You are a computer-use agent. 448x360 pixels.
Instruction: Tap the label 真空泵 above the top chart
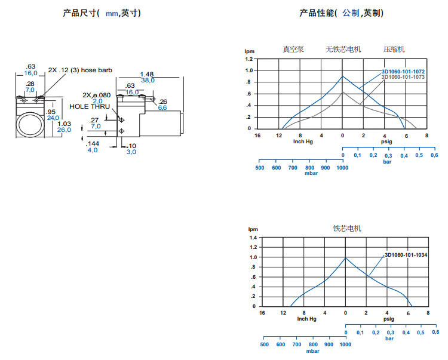(x=294, y=49)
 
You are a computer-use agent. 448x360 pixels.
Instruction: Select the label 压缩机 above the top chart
(x=394, y=49)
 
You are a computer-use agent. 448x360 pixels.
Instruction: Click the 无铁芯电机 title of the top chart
(x=343, y=49)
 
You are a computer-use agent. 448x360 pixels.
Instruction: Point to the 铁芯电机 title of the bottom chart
(x=347, y=228)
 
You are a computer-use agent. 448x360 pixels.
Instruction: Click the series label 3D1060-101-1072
(x=403, y=72)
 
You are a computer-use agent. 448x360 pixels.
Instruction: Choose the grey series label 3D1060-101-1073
(x=403, y=77)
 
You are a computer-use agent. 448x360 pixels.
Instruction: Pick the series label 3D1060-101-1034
(x=406, y=254)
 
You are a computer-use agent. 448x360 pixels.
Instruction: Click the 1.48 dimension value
(x=147, y=74)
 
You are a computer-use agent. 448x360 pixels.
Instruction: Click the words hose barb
(x=98, y=70)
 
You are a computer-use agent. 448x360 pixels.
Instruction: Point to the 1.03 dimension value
(x=64, y=124)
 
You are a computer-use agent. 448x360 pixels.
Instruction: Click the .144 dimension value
(x=93, y=144)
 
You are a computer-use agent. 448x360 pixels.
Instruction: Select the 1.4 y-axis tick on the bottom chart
(x=253, y=238)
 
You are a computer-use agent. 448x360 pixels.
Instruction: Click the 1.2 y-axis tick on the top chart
(x=249, y=60)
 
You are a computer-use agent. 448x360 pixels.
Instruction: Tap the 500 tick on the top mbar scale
(x=260, y=168)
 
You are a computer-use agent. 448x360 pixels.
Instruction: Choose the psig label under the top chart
(x=386, y=141)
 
